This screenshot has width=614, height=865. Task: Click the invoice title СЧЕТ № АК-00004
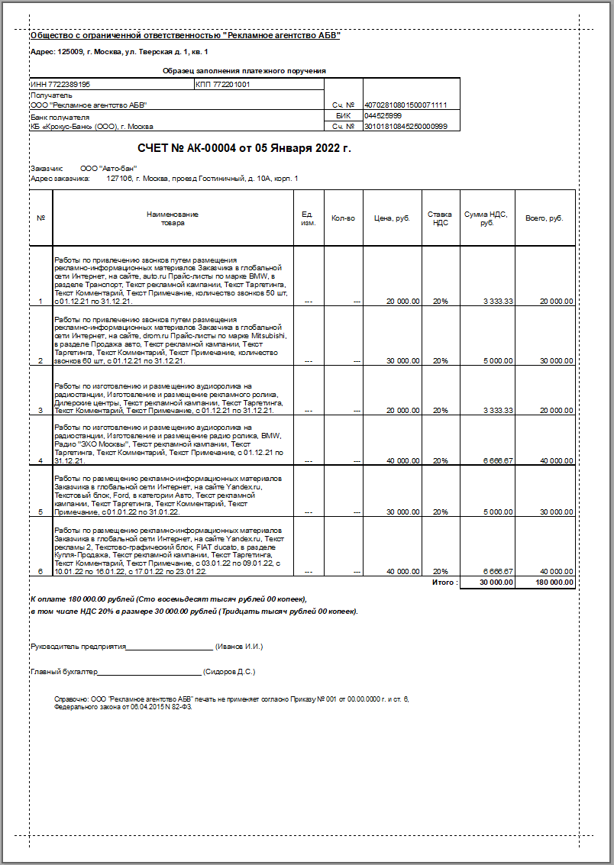point(244,148)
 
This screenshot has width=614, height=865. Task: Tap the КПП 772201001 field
point(223,84)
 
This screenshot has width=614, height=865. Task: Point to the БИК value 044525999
point(383,115)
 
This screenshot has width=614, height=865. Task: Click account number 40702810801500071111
point(406,105)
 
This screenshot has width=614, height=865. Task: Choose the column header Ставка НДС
point(440,218)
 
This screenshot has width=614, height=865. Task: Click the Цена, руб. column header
point(392,218)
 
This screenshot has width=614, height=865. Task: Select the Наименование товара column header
point(173,218)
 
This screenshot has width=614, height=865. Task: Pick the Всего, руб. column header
point(545,218)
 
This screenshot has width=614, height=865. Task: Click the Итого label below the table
point(445,583)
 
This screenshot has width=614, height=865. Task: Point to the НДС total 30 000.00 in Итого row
point(496,583)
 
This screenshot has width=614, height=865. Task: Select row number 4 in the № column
point(40,461)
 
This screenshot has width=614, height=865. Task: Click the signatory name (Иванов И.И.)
point(239,647)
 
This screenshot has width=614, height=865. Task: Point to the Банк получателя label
point(60,118)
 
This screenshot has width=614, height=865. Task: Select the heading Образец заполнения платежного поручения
point(244,70)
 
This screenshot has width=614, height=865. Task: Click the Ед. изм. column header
point(308,218)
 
